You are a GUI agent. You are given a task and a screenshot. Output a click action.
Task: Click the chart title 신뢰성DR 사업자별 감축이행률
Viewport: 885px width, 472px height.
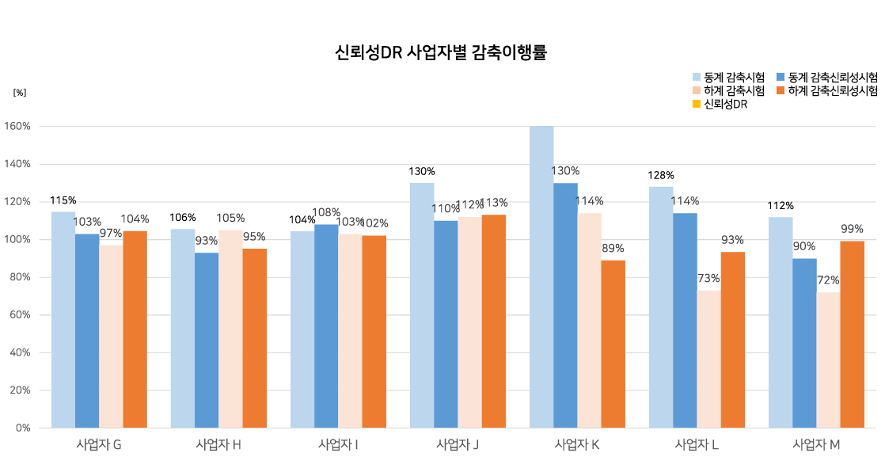click(x=442, y=54)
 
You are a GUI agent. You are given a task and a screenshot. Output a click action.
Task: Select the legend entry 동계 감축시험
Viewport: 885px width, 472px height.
click(x=729, y=78)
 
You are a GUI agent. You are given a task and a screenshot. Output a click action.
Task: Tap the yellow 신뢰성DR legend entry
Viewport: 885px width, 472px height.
click(x=720, y=105)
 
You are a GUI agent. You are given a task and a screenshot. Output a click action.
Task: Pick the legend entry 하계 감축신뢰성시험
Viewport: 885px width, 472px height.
click(x=828, y=91)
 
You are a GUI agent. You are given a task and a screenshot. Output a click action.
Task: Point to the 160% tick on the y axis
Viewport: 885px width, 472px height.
click(x=17, y=126)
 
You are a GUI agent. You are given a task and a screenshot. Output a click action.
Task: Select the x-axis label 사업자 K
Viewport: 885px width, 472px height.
click(x=577, y=445)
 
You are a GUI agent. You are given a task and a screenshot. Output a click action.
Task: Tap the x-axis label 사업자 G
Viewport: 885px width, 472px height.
click(x=99, y=445)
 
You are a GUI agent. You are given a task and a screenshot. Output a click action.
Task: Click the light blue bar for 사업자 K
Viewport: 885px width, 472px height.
click(x=541, y=277)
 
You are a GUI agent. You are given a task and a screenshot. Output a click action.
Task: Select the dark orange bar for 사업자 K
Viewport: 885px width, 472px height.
click(x=613, y=344)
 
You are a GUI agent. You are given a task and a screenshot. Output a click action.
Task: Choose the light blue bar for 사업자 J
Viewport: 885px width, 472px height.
click(x=422, y=305)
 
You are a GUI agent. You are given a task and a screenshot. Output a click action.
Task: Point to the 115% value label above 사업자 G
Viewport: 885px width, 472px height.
click(x=63, y=201)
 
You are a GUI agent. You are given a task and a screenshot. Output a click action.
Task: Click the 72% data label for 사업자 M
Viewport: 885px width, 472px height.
click(x=828, y=280)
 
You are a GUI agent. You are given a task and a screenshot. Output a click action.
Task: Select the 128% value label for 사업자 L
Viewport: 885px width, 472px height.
click(x=661, y=176)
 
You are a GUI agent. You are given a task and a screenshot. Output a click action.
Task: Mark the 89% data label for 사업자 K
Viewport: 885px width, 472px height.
click(x=613, y=249)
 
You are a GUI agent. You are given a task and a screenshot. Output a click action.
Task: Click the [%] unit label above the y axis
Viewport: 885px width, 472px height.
click(x=20, y=93)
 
